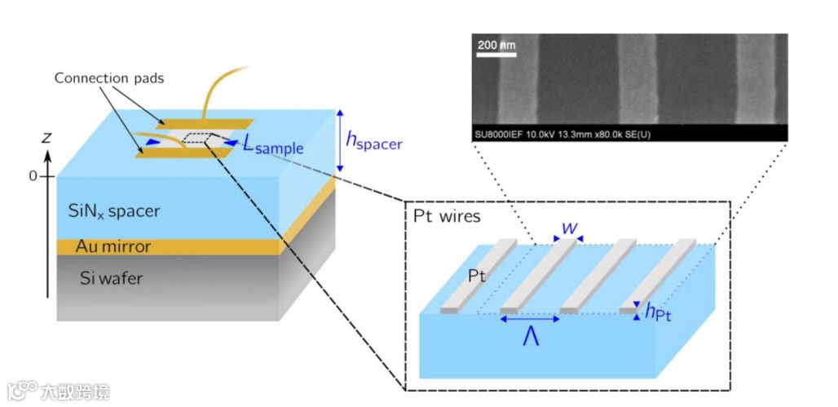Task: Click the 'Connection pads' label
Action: (109, 78)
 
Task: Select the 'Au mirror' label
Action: (113, 246)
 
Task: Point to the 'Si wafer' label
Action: (112, 279)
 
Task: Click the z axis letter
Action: (46, 138)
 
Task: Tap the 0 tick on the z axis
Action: (33, 175)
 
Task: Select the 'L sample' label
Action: (273, 145)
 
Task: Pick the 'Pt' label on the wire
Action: (478, 277)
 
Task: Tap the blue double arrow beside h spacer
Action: (340, 140)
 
